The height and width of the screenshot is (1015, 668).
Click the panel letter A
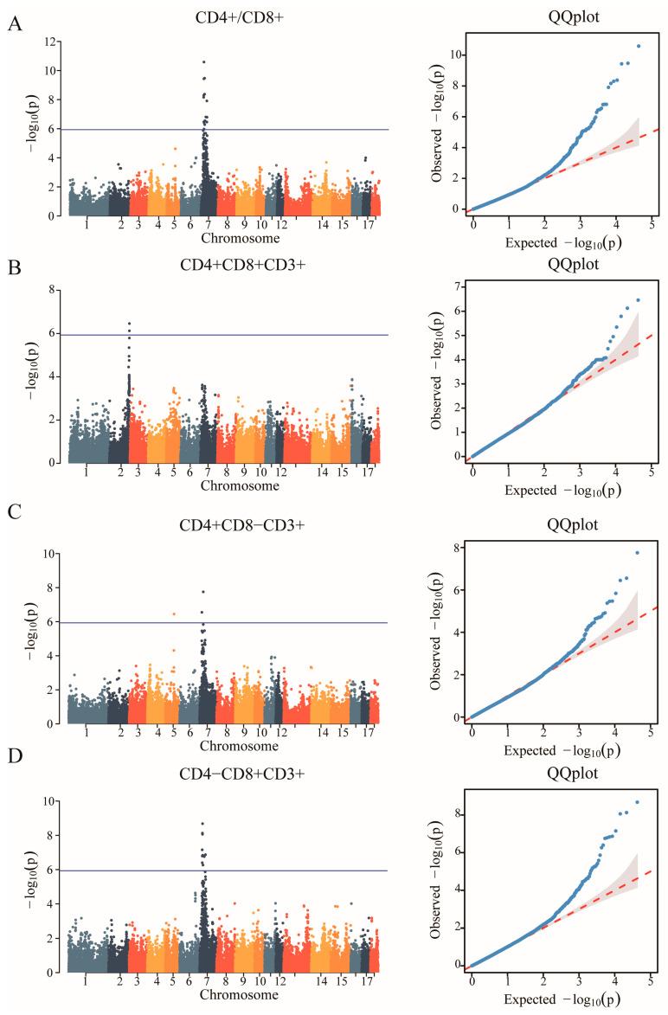(x=15, y=25)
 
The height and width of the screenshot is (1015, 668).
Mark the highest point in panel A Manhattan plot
(x=203, y=61)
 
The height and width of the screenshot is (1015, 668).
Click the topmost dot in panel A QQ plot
(x=638, y=46)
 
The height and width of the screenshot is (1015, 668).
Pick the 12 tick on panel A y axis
(x=53, y=42)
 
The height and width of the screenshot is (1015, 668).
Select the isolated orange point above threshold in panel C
(x=174, y=613)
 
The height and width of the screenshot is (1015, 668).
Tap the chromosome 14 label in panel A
(x=323, y=225)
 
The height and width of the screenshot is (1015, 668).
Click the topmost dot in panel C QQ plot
(x=637, y=552)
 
